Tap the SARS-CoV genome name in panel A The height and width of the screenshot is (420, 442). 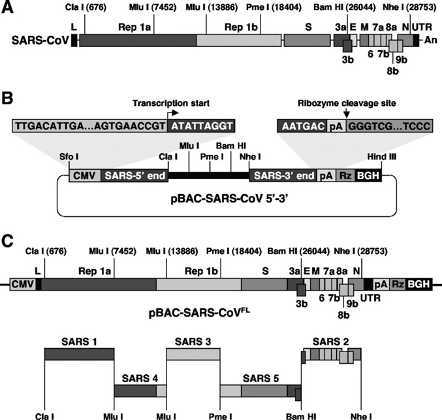[x=38, y=40]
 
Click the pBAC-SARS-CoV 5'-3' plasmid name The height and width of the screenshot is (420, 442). [x=222, y=197]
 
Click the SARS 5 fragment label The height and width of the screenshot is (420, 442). [x=257, y=378]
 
